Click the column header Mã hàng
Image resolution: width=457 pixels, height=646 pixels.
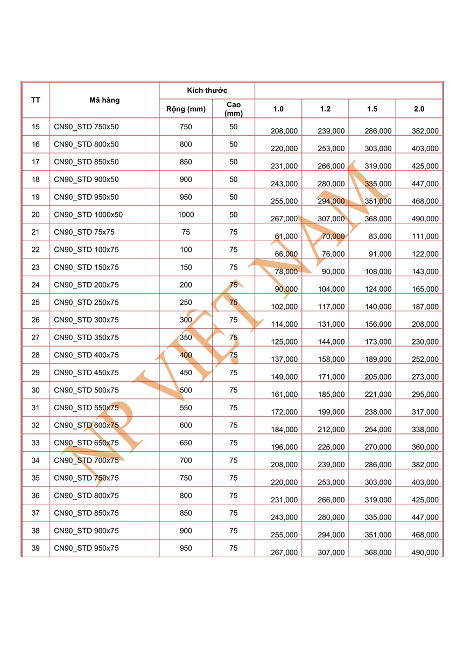[104, 100]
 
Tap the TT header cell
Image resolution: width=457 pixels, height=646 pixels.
[36, 100]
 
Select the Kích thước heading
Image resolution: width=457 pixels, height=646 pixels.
[207, 90]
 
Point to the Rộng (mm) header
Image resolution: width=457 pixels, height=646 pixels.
[186, 109]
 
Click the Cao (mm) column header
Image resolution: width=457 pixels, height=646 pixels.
[234, 109]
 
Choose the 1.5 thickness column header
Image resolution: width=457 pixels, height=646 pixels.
[372, 109]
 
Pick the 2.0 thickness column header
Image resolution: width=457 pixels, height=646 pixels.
[419, 109]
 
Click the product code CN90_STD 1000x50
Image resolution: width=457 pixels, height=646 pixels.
[88, 215]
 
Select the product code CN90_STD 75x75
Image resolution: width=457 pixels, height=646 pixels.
[84, 232]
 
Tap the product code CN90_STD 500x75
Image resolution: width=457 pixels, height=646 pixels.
[86, 390]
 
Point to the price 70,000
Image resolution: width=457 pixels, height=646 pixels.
[333, 236]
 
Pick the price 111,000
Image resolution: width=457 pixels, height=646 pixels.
[425, 236]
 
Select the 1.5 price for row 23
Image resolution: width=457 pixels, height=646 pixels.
[378, 271]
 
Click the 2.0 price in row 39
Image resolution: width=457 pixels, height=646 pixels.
[425, 552]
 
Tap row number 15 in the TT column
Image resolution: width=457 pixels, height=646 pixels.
[36, 127]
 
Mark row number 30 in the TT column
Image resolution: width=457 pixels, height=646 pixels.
[36, 390]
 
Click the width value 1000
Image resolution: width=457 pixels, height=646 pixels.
[186, 215]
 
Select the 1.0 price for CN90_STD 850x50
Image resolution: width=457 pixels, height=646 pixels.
[284, 166]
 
